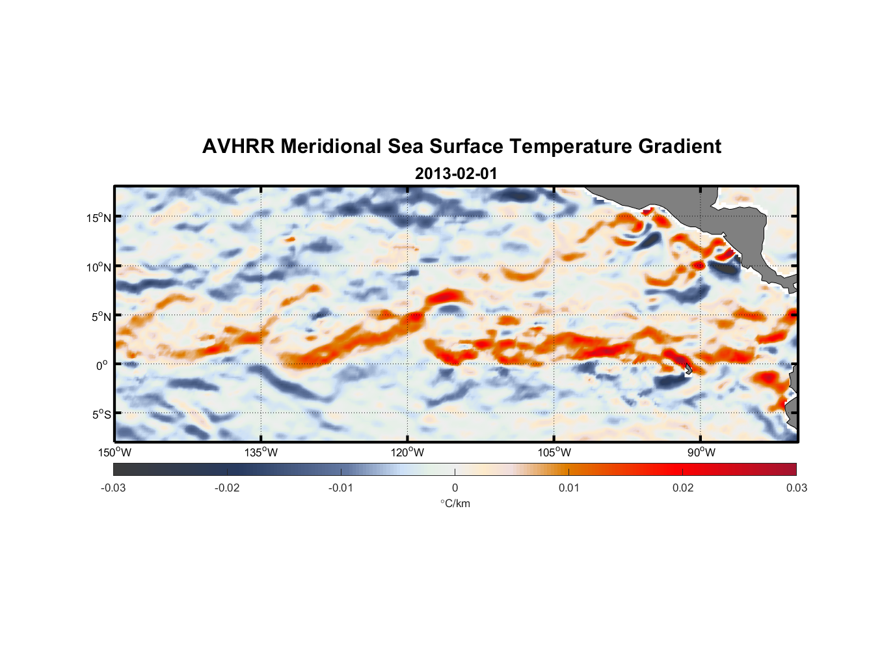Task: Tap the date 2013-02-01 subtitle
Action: pyautogui.click(x=455, y=174)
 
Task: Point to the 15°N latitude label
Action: pyautogui.click(x=99, y=217)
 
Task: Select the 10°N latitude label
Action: pyautogui.click(x=99, y=267)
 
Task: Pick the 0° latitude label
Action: pyautogui.click(x=102, y=366)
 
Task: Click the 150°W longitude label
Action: pyautogui.click(x=115, y=452)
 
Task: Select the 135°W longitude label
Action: pyautogui.click(x=261, y=452)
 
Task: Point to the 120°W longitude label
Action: pyautogui.click(x=408, y=452)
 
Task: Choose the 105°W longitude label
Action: pyautogui.click(x=554, y=452)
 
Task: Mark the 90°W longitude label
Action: pyautogui.click(x=701, y=452)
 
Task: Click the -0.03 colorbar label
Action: pyautogui.click(x=113, y=488)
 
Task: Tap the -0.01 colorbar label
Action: pyautogui.click(x=341, y=488)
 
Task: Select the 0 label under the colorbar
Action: pyautogui.click(x=455, y=488)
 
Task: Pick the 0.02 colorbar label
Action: pyautogui.click(x=682, y=488)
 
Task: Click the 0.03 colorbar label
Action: pyautogui.click(x=796, y=488)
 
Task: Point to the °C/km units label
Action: pyautogui.click(x=455, y=503)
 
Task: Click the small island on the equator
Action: pyautogui.click(x=688, y=369)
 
